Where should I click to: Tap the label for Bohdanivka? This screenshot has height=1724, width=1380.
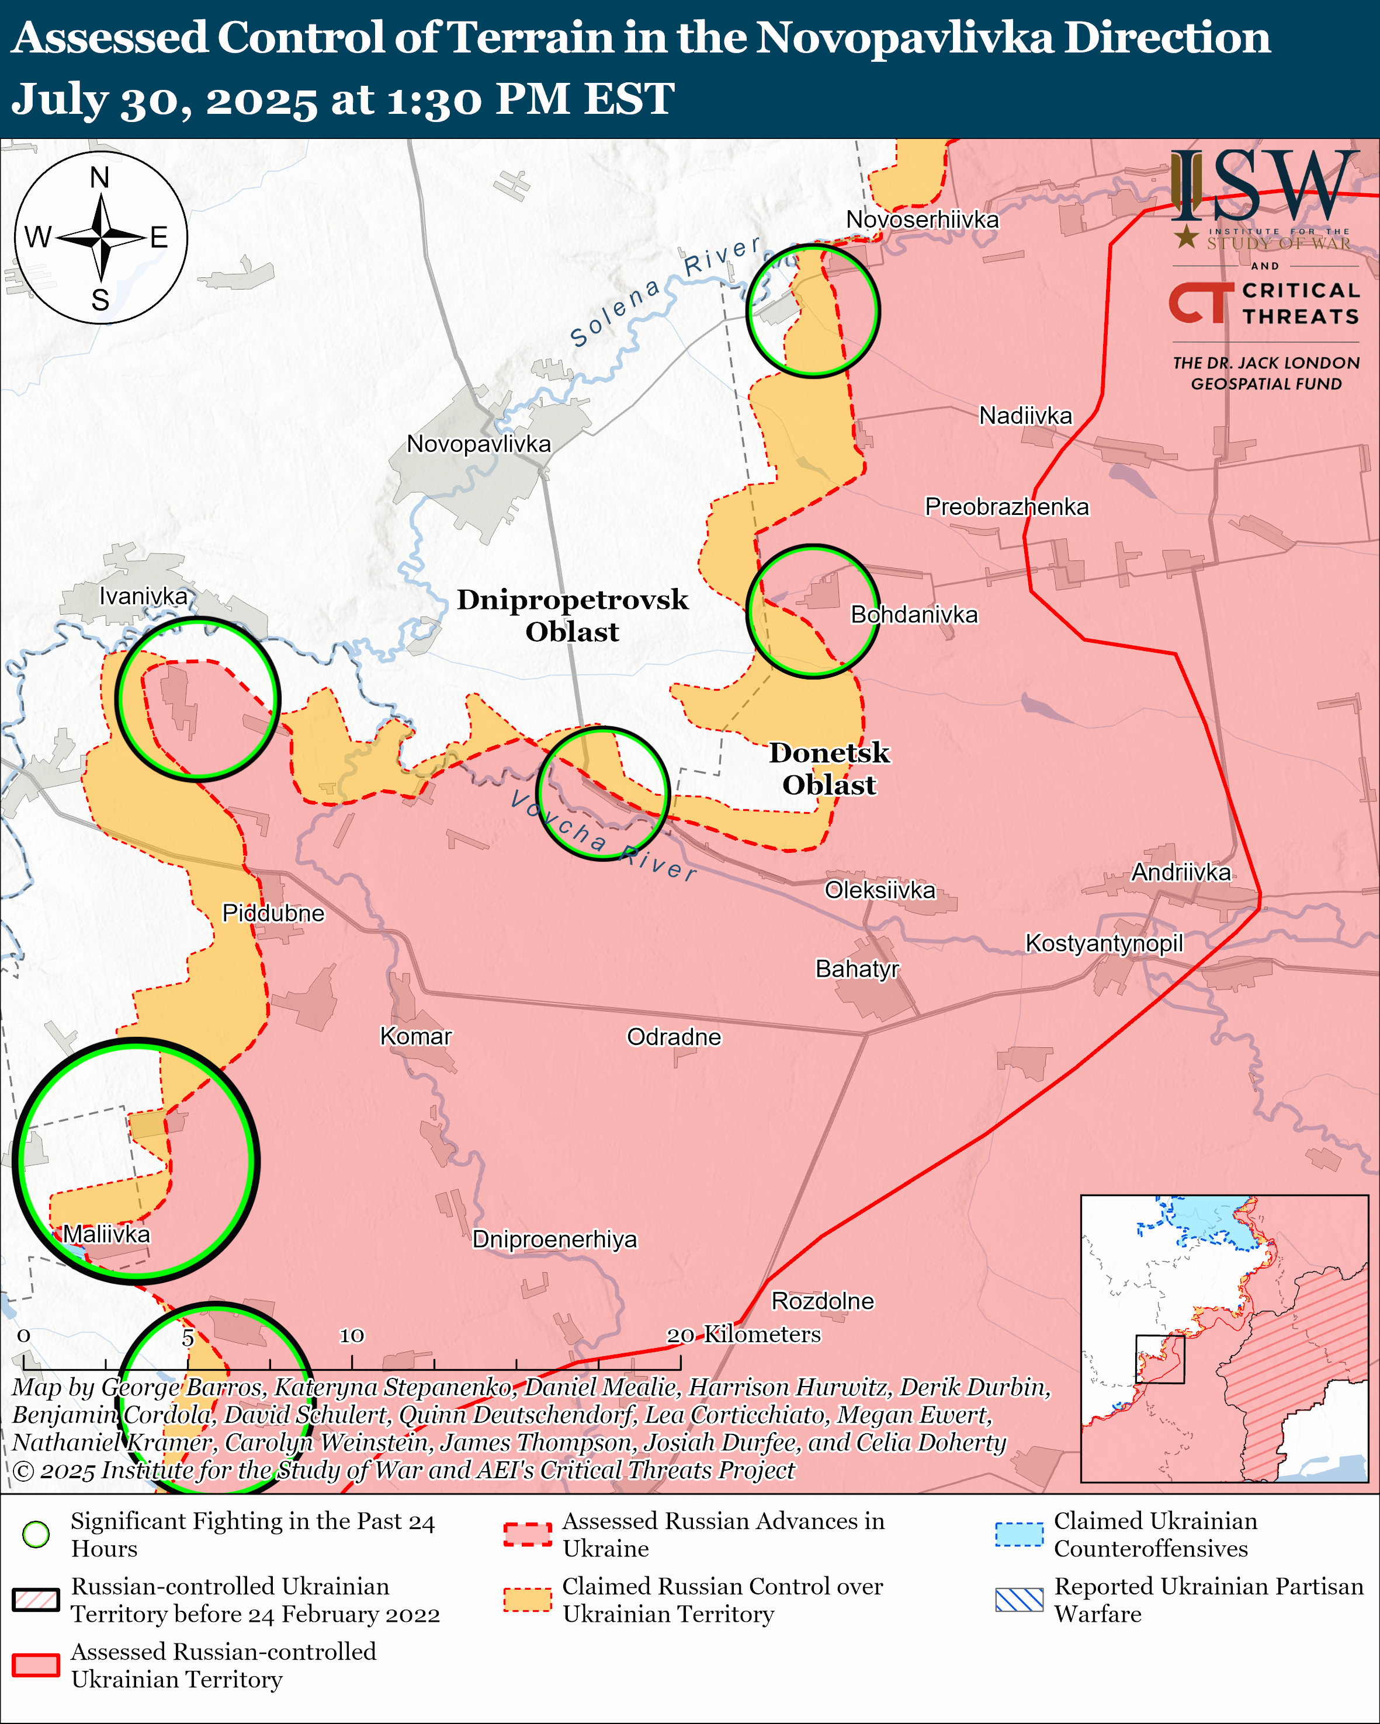[x=914, y=614]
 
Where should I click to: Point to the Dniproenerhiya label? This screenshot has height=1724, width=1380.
[x=554, y=1239]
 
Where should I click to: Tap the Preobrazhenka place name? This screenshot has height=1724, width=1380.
[x=1007, y=506]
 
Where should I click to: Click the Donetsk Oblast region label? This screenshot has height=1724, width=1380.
[x=829, y=768]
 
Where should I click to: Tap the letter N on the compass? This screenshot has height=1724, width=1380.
[x=100, y=177]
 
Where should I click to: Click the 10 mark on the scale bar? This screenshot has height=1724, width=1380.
[x=352, y=1335]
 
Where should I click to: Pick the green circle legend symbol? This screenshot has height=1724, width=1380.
[x=36, y=1534]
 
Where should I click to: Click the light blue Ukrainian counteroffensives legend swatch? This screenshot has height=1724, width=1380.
[x=1019, y=1534]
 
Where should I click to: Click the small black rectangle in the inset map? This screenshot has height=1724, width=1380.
[x=1159, y=1359]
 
